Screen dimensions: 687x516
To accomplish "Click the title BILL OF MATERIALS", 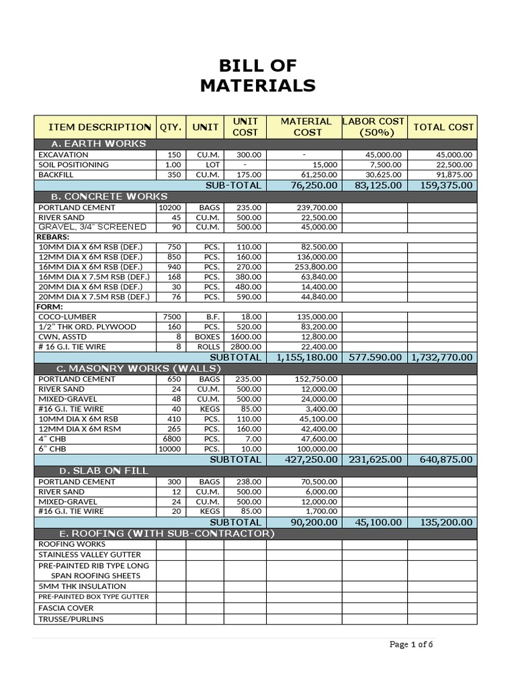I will pos(258,75).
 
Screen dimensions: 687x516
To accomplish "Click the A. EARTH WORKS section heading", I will pos(99,144).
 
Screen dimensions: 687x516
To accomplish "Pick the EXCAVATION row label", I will pos(63,154).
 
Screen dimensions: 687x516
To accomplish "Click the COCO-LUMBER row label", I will pos(67,317).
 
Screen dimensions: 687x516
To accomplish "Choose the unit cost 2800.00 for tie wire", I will pos(245,347).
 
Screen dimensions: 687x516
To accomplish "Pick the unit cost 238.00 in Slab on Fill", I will pos(245,482).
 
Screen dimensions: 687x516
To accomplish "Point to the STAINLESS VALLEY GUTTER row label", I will pos(89,555).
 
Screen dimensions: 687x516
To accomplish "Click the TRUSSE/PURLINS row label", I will pos(71,619).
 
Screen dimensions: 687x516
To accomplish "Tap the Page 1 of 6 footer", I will pos(411,645).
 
